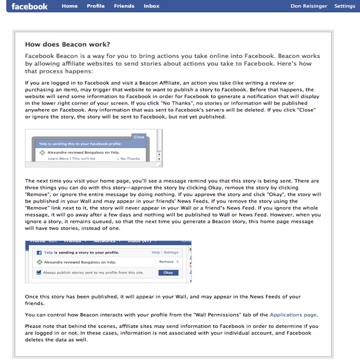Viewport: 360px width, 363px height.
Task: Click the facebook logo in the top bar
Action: coord(29,6)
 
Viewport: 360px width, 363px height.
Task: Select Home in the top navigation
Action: coord(70,6)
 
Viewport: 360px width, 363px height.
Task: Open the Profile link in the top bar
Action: coord(96,6)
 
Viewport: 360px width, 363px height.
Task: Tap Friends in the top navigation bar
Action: coord(124,6)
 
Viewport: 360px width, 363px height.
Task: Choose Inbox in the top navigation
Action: coord(151,6)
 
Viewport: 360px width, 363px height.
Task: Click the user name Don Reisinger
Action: coord(310,6)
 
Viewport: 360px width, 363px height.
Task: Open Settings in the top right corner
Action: coord(344,6)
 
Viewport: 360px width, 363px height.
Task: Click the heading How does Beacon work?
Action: coord(67,44)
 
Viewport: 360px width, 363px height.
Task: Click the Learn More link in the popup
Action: coord(58,159)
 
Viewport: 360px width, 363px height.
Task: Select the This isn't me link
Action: coord(83,159)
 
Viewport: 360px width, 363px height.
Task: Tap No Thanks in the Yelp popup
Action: coord(131,159)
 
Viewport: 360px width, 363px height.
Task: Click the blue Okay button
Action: coord(168,272)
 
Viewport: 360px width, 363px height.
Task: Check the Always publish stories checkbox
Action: coord(39,272)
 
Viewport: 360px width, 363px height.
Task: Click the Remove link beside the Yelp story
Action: coord(166,261)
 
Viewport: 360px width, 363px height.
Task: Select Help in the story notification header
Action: coord(156,252)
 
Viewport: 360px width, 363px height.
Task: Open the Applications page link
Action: coord(293,315)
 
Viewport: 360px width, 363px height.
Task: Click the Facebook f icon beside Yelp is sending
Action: coord(39,252)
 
